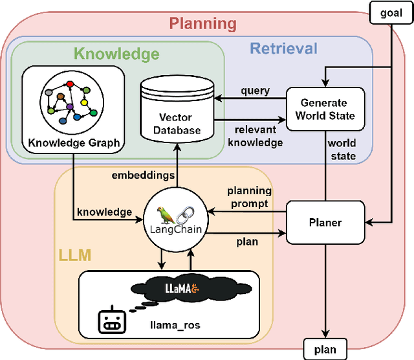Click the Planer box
[325, 222]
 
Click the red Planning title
[203, 25]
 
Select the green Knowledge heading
[116, 54]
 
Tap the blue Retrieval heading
[283, 48]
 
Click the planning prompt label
[249, 197]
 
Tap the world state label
[342, 150]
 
